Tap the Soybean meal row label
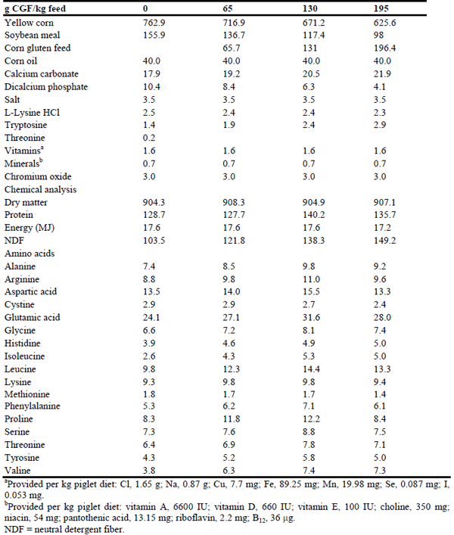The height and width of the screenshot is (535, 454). [32, 36]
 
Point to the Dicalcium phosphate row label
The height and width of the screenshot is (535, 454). [46, 87]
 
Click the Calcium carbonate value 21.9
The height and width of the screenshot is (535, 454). [384, 74]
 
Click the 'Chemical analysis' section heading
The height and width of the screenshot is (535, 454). [40, 189]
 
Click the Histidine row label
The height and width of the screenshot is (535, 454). [23, 343]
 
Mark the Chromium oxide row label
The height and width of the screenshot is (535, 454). [37, 176]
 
